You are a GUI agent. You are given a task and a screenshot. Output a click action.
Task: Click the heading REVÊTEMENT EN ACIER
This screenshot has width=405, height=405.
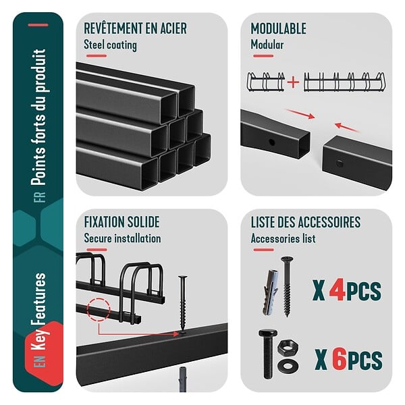coord(135,28)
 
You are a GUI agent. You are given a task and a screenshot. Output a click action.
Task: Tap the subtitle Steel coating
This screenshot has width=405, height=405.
coord(110,45)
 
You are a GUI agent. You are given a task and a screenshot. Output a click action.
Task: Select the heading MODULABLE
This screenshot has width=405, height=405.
coord(278,28)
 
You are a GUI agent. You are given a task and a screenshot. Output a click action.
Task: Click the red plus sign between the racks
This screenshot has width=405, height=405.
coord(293,82)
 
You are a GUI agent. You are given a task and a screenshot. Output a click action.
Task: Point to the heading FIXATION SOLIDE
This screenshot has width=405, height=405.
coord(122,222)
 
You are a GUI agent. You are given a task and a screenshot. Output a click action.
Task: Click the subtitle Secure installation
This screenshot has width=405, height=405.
coord(122,238)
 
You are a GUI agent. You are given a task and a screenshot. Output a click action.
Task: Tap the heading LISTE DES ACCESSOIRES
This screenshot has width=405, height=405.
coord(306,222)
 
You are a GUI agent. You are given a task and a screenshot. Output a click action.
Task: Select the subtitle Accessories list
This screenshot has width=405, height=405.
coord(283,238)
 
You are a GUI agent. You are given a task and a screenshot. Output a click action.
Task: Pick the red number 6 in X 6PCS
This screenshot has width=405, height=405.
coord(340,359)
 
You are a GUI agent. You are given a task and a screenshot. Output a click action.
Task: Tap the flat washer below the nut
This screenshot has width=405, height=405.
coord(288,365)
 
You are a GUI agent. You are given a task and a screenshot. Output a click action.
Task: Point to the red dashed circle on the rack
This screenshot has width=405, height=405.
coord(99,310)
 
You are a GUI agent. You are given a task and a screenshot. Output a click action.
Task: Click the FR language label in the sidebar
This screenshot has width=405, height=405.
coord(40,197)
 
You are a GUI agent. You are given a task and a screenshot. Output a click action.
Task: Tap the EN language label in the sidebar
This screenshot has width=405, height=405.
coord(40,361)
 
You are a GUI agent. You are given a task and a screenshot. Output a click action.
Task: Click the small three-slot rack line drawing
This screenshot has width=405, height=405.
coord(266,82)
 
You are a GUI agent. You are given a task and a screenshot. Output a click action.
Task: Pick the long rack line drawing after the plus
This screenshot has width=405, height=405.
coord(344,82)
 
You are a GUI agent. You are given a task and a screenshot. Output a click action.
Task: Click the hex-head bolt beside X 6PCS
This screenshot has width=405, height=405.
coord(268,354)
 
